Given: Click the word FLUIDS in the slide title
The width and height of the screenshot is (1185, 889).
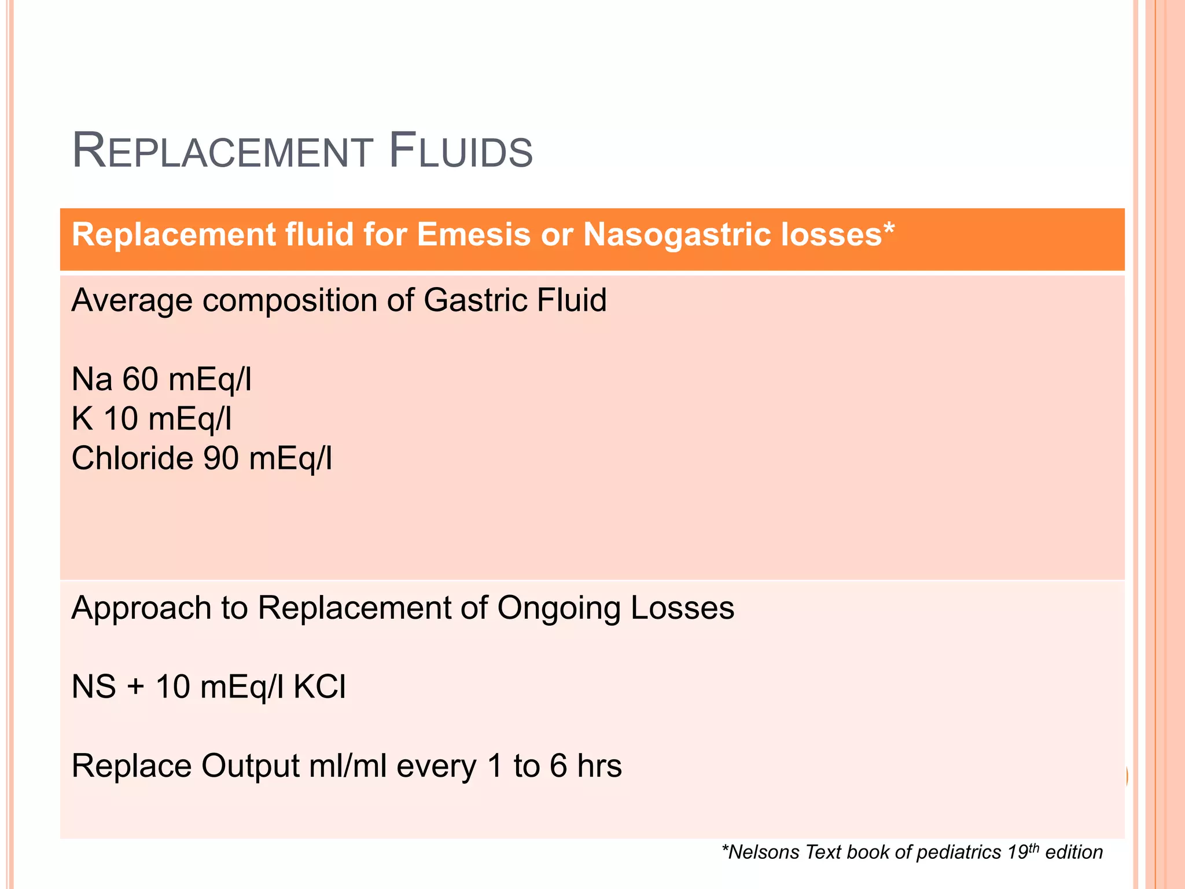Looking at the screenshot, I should pos(461,152).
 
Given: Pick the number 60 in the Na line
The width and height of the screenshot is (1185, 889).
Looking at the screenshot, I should pos(140,380).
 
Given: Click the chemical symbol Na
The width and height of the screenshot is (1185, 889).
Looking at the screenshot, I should pos(91,380).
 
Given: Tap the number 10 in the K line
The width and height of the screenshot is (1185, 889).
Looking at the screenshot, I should pos(121,419).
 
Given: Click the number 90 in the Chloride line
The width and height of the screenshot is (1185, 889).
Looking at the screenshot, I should pos(221,458).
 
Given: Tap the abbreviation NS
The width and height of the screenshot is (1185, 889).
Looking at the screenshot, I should pos(93,687).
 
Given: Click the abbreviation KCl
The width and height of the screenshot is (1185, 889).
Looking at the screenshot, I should pos(319,687).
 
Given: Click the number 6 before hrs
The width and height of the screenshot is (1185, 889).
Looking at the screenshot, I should pos(558,766).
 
